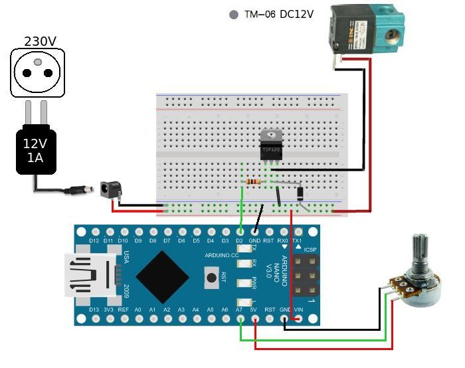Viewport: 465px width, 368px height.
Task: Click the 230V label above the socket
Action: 40,41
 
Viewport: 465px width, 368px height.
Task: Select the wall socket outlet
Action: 41,73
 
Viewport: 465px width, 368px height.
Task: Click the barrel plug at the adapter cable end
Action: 80,191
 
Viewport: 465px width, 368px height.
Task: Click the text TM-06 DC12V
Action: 280,15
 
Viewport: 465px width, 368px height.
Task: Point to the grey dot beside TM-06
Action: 233,15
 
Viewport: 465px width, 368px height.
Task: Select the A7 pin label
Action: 239,310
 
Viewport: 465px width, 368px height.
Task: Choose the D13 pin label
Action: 93,310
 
